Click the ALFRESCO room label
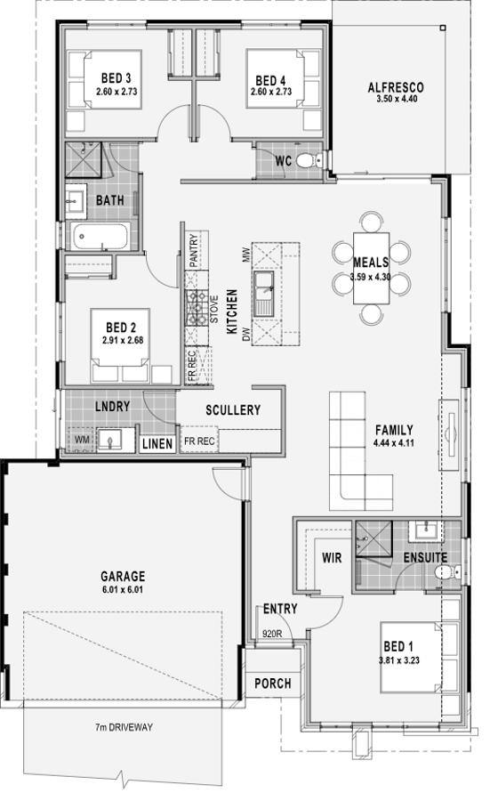[x=396, y=87]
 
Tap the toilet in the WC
[x=309, y=161]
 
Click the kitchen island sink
[x=264, y=293]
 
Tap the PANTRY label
[x=193, y=250]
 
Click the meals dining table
[x=371, y=268]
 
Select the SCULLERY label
[x=233, y=409]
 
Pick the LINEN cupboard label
[x=157, y=443]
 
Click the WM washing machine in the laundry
[x=82, y=440]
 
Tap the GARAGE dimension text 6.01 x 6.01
[x=123, y=589]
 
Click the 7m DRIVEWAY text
[x=124, y=727]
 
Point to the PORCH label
[x=272, y=683]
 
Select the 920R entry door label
[x=272, y=634]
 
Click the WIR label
[x=332, y=557]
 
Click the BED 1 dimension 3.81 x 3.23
[x=399, y=660]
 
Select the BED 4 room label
[x=270, y=80]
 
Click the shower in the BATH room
[x=84, y=160]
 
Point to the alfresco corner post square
[x=443, y=28]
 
